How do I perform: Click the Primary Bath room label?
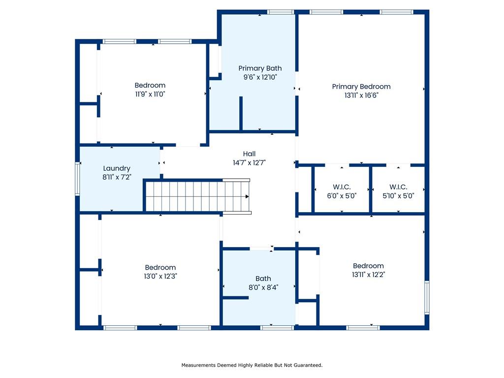pyautogui.click(x=260, y=68)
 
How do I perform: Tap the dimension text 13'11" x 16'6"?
pyautogui.click(x=361, y=95)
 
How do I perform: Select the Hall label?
pyautogui.click(x=249, y=154)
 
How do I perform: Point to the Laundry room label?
pyautogui.click(x=117, y=168)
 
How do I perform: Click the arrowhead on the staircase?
pyautogui.click(x=247, y=196)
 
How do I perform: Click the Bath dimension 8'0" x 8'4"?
pyautogui.click(x=263, y=287)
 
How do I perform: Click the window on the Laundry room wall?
pyautogui.click(x=77, y=179)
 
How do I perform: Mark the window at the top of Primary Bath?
pyautogui.click(x=280, y=12)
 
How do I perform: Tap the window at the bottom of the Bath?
pyautogui.click(x=277, y=328)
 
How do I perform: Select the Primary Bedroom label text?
pyautogui.click(x=361, y=87)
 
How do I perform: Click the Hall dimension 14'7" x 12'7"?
pyautogui.click(x=249, y=162)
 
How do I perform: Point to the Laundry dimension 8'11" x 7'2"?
pyautogui.click(x=117, y=177)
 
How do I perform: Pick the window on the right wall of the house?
pyautogui.click(x=427, y=297)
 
